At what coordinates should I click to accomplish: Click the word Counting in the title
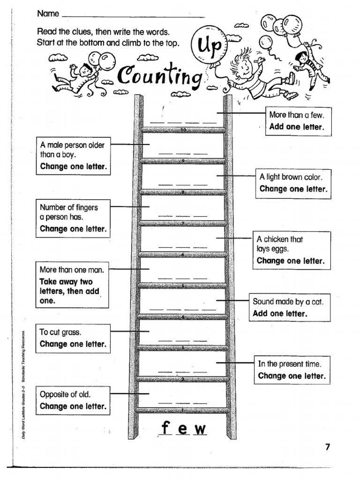click(160, 75)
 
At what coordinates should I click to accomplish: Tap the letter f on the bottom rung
click(165, 428)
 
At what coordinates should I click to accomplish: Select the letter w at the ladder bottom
click(200, 429)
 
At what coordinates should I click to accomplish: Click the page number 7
click(328, 447)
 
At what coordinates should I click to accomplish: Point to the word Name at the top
click(48, 14)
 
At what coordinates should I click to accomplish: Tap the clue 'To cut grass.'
click(60, 332)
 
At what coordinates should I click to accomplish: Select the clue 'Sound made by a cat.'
click(288, 301)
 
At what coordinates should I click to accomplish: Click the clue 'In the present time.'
click(289, 364)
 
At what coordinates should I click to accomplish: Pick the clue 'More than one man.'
click(72, 270)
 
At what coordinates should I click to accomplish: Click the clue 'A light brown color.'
click(291, 177)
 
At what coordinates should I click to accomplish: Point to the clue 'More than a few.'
click(297, 115)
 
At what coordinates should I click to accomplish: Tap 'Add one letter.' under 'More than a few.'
click(296, 127)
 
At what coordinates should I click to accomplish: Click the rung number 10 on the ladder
click(183, 129)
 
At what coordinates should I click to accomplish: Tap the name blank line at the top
click(133, 16)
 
